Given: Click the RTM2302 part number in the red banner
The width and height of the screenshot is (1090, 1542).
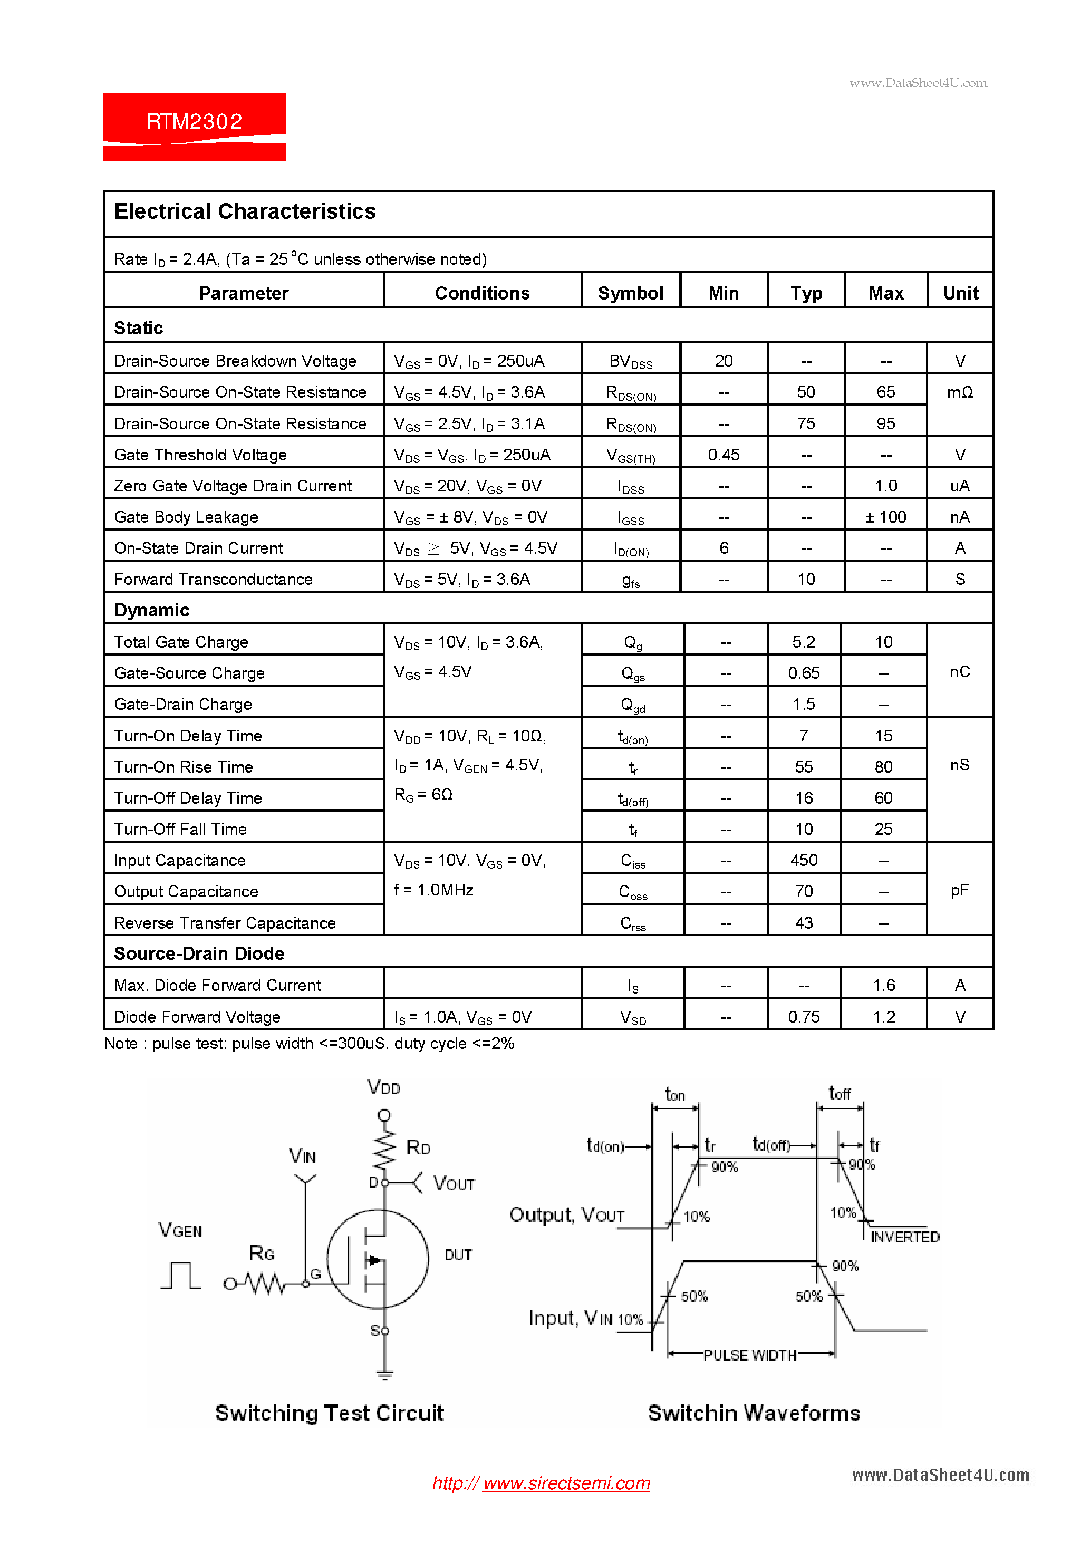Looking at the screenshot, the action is (194, 122).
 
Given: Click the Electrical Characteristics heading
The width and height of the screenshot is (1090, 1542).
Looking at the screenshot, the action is (245, 211).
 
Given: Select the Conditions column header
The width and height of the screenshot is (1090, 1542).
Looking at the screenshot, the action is (481, 294).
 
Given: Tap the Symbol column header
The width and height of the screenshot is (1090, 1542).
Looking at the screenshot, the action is (630, 294).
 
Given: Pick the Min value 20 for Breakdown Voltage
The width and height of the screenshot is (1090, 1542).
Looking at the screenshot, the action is (724, 361).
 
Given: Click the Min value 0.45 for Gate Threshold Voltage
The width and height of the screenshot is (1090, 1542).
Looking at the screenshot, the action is (724, 455).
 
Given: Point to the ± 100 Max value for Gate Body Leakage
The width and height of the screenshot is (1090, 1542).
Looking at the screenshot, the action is (885, 517).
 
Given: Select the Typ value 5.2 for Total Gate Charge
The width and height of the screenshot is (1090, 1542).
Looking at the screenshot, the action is (803, 642).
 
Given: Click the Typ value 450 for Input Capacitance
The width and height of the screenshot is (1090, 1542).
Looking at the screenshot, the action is (803, 860).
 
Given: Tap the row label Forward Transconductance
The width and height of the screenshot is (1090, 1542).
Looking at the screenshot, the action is (213, 580).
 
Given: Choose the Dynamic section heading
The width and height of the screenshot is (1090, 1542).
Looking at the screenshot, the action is (152, 611).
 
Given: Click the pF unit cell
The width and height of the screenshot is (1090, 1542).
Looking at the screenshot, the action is (959, 891).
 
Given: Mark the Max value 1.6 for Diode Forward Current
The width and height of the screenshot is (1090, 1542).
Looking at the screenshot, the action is (884, 985).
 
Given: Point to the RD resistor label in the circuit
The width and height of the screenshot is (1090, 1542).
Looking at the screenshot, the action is (418, 1148).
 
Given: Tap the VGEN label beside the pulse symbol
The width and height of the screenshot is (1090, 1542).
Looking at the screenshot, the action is (180, 1230).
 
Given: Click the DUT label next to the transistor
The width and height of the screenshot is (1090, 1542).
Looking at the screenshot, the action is (458, 1255).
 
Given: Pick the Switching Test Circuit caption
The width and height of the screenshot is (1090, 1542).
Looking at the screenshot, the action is (329, 1413).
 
